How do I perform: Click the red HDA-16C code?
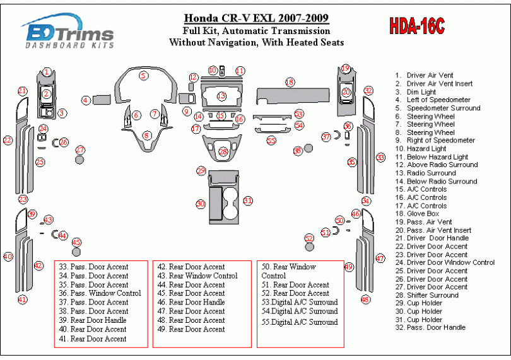point(416,26)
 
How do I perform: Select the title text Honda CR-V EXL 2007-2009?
point(255,18)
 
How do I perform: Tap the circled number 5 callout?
point(144,76)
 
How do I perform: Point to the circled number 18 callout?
point(290,82)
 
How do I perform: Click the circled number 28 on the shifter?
point(223,152)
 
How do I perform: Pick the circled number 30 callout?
point(201,204)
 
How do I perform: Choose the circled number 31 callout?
point(248,200)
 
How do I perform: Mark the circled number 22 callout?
point(8,140)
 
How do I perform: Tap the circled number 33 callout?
point(380,157)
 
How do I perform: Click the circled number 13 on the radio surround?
point(221,96)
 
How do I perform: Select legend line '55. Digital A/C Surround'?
point(300,322)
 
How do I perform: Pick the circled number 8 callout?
point(147,135)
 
